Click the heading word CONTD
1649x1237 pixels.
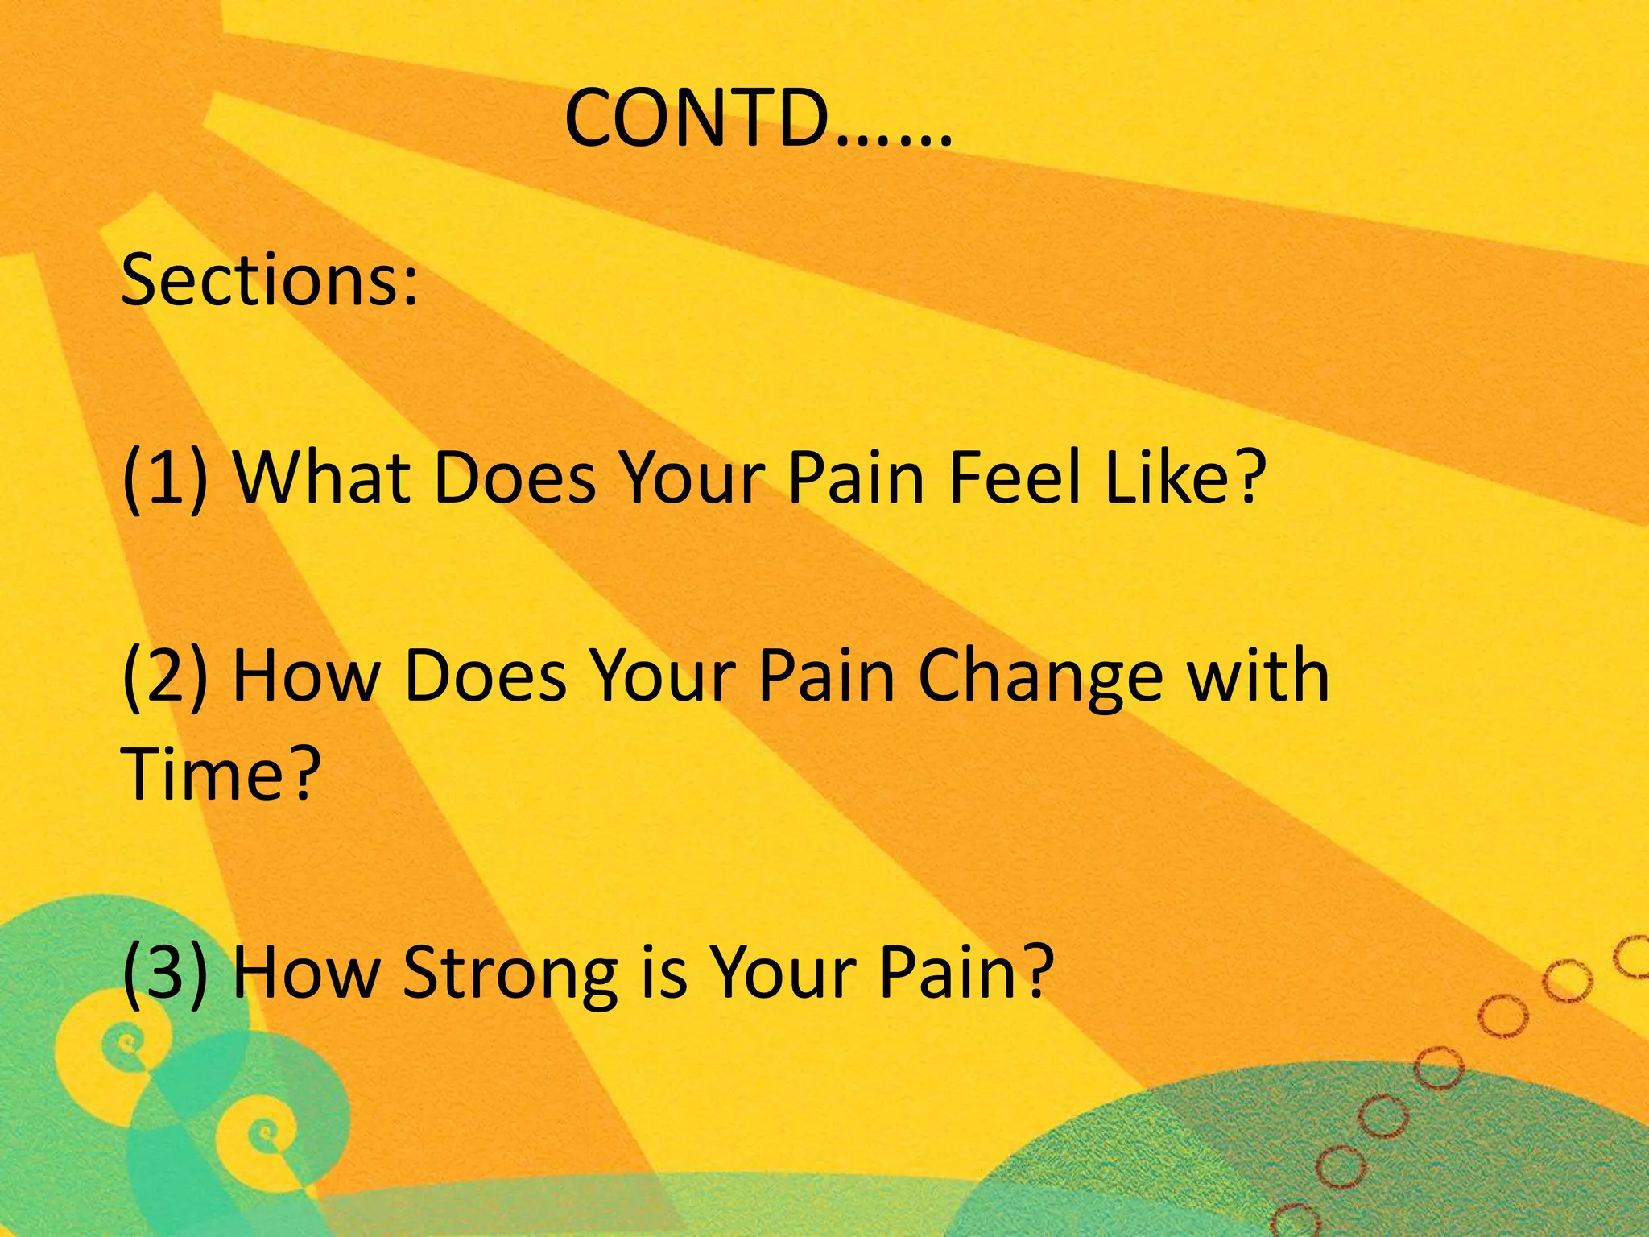[x=696, y=119]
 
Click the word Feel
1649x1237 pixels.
[x=1015, y=478]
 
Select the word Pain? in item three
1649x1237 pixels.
[x=966, y=971]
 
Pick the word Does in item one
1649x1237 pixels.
[x=515, y=478]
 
